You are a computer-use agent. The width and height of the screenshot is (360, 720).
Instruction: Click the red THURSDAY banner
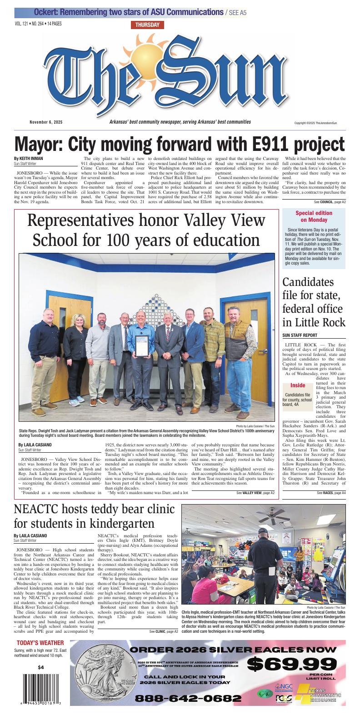point(147,25)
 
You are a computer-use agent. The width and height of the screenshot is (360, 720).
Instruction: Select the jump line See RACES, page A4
point(331,493)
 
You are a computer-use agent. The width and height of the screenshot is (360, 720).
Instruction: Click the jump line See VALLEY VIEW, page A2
point(255,493)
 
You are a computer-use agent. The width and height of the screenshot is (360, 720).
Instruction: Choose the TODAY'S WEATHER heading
point(40,643)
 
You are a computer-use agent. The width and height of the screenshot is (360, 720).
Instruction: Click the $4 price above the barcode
point(41,667)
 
